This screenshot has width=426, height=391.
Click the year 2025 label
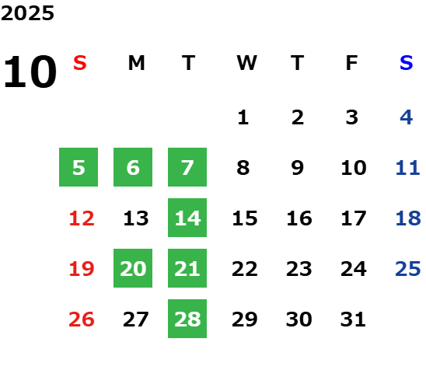(x=27, y=13)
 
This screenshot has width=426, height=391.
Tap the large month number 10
(x=30, y=72)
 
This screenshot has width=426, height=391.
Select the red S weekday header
(x=80, y=63)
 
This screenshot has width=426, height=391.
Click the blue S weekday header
(x=407, y=63)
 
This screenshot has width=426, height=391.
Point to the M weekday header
(x=136, y=63)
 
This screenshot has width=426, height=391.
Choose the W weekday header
(x=246, y=63)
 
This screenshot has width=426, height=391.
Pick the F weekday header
(x=352, y=63)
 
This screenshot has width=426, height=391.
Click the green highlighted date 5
(x=79, y=167)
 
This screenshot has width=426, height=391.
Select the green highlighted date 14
(x=187, y=218)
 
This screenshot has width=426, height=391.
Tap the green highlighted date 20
(x=133, y=268)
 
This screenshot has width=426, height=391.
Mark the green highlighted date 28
(x=187, y=319)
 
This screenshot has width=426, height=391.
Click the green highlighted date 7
(x=187, y=167)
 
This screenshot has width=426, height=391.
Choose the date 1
(x=243, y=117)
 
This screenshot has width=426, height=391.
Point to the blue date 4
(x=407, y=117)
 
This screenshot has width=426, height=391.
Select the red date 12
(x=82, y=218)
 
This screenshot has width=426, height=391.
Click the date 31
(x=353, y=319)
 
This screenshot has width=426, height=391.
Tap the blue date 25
(x=408, y=269)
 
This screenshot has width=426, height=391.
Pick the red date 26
(x=82, y=319)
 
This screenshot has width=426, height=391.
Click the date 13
(x=136, y=218)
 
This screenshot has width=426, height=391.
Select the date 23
(x=299, y=269)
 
